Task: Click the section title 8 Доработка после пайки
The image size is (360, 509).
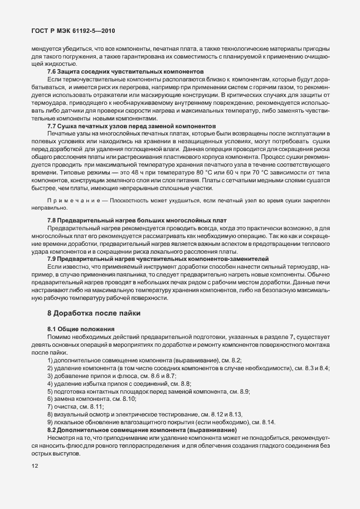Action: (x=94, y=314)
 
